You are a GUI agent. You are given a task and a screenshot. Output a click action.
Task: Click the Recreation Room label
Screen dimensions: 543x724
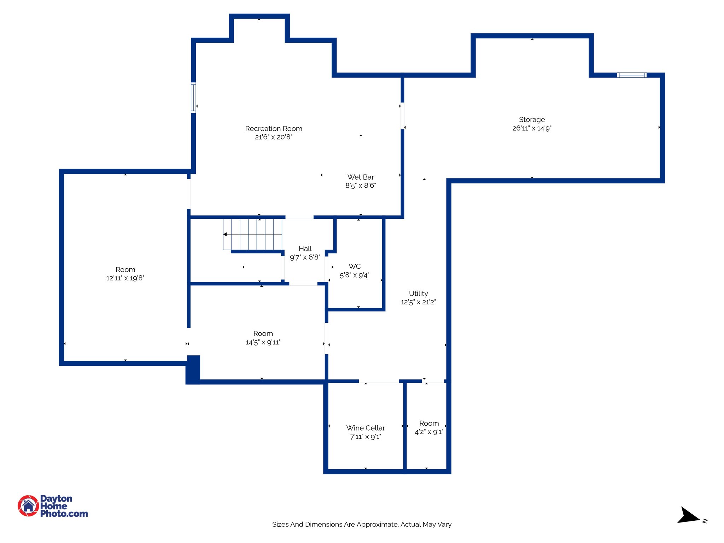[x=274, y=129]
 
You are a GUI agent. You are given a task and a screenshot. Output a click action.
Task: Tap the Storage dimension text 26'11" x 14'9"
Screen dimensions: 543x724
[x=532, y=128]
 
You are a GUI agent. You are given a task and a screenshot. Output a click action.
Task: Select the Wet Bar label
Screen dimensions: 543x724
[x=361, y=177]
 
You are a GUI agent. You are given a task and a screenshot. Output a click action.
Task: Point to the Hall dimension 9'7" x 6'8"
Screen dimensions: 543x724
[x=305, y=257]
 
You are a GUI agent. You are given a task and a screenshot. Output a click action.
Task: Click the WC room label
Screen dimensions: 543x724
[x=355, y=266]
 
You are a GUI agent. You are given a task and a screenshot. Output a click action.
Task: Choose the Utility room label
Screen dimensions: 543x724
[x=418, y=293]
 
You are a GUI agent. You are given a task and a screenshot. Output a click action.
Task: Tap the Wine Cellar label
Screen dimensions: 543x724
[x=366, y=428]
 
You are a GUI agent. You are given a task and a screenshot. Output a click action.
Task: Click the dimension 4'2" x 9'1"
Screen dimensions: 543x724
[x=429, y=432]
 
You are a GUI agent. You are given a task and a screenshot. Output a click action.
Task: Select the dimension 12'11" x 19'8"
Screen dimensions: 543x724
[x=125, y=278]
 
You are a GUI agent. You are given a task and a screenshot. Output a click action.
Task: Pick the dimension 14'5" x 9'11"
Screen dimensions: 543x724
[x=263, y=342]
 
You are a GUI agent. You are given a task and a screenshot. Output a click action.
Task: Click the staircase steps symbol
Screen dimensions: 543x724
[x=253, y=234]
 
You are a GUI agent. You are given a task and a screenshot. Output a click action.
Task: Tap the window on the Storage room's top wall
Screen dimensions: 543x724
[x=632, y=75]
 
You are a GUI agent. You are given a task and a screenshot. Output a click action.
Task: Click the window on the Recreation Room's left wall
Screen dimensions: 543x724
[x=193, y=97]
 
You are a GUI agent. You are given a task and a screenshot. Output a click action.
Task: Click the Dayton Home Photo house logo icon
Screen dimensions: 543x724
[x=28, y=506]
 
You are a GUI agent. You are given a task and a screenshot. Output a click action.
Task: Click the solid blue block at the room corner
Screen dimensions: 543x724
[x=193, y=369]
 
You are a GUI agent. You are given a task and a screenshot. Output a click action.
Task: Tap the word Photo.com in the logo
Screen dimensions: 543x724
[x=64, y=514]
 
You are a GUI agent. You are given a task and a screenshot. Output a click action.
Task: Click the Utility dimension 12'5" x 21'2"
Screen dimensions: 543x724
[x=418, y=302]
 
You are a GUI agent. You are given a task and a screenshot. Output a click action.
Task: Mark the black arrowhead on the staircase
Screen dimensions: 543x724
[x=225, y=234]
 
